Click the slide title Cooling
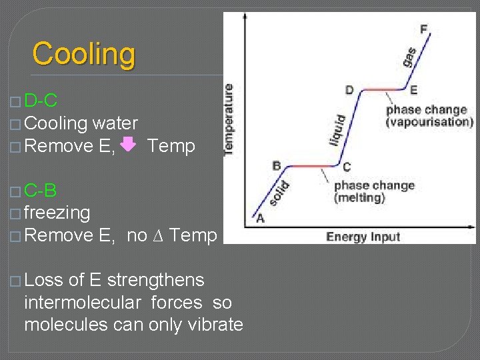[84, 54]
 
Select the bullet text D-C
[40, 101]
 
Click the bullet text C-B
[40, 191]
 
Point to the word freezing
[57, 213]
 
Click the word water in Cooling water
[115, 123]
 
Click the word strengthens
[155, 280]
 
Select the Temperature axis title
[229, 120]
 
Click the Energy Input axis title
[363, 237]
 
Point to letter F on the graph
[424, 29]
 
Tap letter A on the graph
[259, 218]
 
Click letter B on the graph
[277, 165]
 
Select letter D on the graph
[349, 89]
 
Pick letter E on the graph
[414, 90]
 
